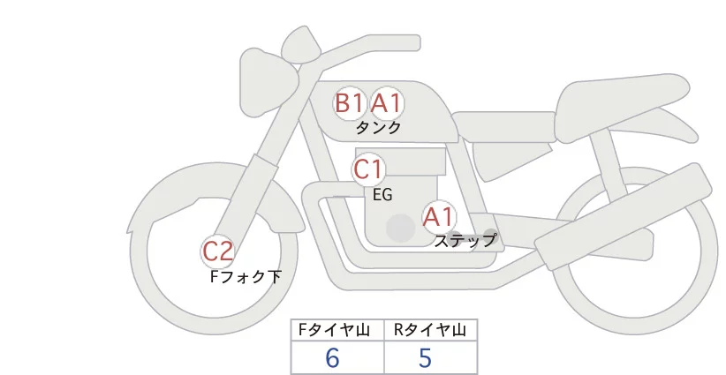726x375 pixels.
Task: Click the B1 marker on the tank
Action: pos(349,103)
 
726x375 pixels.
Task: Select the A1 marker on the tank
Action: pos(386,103)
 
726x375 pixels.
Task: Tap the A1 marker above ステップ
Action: pos(438,215)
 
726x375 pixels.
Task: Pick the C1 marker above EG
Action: pos(367,169)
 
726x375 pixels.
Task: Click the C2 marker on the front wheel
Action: pos(217,252)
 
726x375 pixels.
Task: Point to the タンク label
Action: pos(378,127)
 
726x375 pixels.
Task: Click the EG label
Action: pos(383,194)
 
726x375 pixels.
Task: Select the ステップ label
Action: pos(465,239)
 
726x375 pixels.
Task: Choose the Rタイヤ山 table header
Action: pos(430,330)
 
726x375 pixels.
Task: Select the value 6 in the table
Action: pos(332,357)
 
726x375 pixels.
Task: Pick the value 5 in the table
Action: pos(425,357)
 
